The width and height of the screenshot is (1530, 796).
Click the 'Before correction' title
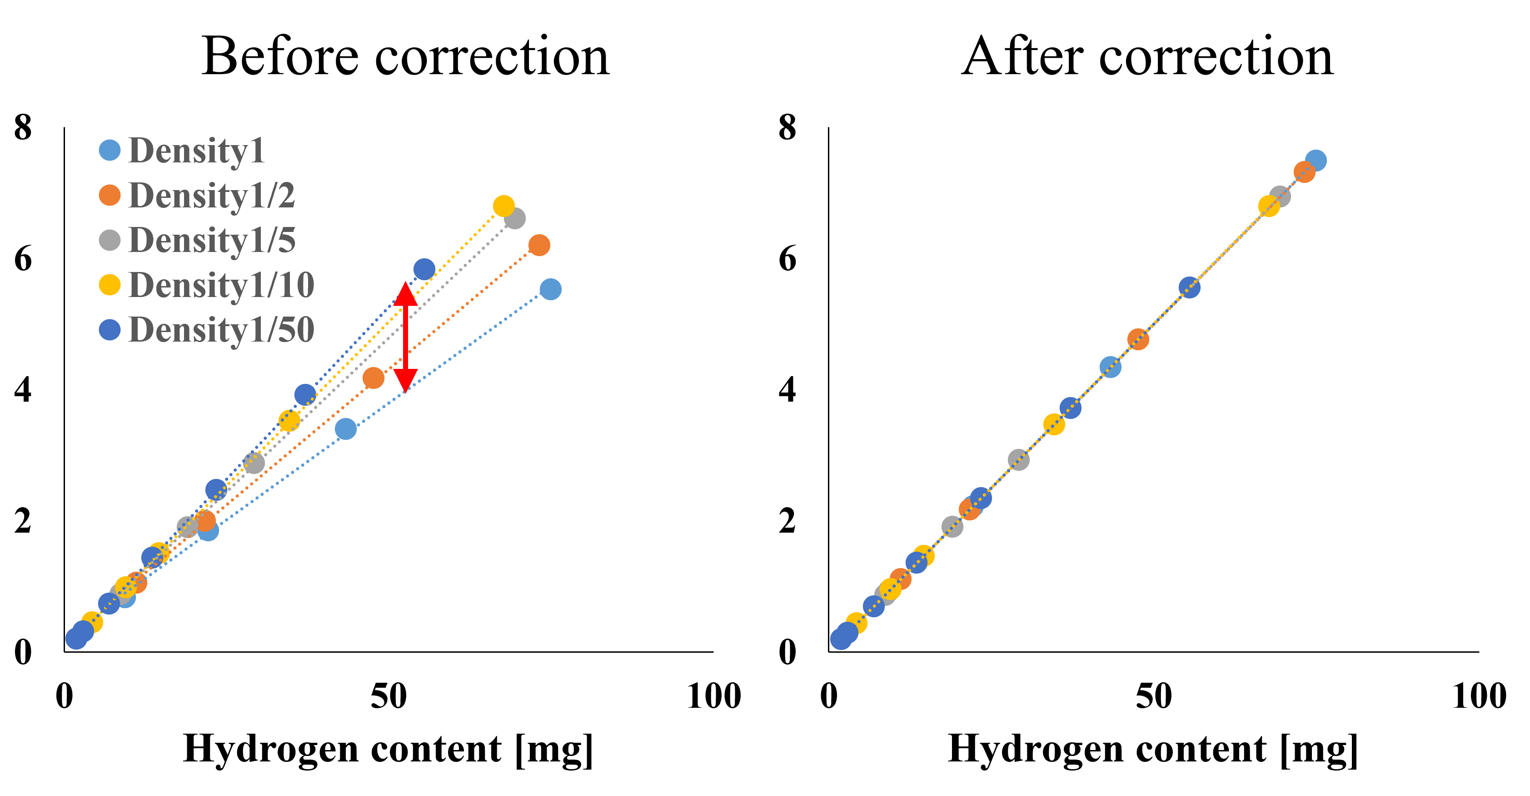click(x=405, y=56)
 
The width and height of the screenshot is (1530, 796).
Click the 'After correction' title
click(x=1147, y=56)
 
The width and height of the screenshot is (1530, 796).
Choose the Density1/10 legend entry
click(x=206, y=285)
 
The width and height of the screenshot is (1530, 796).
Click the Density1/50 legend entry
click(x=206, y=330)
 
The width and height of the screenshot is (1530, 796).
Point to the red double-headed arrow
click(x=406, y=337)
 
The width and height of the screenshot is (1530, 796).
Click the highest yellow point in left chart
click(x=503, y=207)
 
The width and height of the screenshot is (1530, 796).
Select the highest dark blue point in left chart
click(x=424, y=269)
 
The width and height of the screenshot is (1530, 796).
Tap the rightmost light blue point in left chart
click(x=551, y=289)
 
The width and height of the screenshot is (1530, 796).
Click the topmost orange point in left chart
click(x=539, y=245)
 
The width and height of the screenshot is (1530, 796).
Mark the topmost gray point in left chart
click(x=515, y=218)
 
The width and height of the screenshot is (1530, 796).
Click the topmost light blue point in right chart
click(x=1316, y=161)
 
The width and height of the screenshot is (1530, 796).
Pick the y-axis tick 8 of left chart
click(x=23, y=127)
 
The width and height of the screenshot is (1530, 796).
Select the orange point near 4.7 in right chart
click(x=1138, y=339)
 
